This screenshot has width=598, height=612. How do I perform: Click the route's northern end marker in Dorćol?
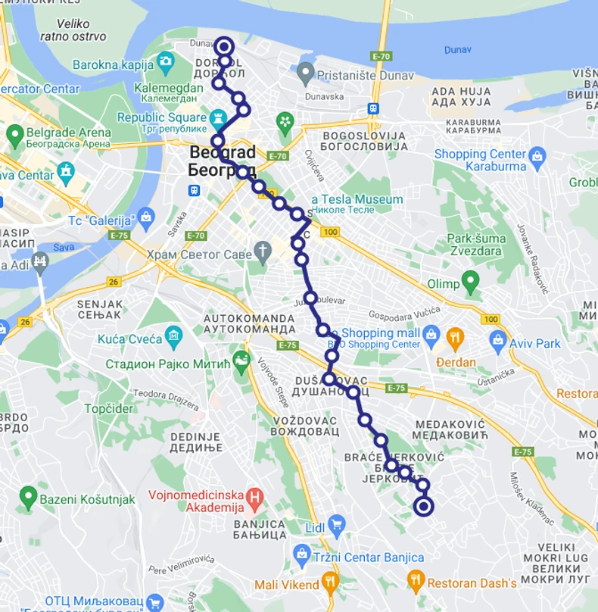pyautogui.click(x=224, y=46)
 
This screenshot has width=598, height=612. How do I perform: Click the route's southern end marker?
pyautogui.click(x=424, y=507)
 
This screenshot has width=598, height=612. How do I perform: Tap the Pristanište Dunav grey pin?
pyautogui.click(x=305, y=74)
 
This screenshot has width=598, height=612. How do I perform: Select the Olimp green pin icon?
pyautogui.click(x=471, y=283)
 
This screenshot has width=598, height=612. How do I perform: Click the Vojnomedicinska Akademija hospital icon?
pyautogui.click(x=255, y=498)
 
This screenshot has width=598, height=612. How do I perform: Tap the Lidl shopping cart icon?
pyautogui.click(x=336, y=525)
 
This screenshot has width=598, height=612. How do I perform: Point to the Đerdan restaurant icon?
pyautogui.click(x=455, y=337)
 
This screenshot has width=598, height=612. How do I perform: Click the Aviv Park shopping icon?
pyautogui.click(x=497, y=338)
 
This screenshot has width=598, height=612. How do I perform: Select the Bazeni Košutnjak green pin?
pyautogui.click(x=29, y=498)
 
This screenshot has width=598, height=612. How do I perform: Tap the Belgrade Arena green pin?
pyautogui.click(x=14, y=137)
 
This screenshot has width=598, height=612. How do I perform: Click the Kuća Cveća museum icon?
pyautogui.click(x=175, y=335)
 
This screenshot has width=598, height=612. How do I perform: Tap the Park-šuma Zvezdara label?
pyautogui.click(x=475, y=244)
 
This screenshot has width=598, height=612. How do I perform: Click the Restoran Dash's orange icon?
pyautogui.click(x=416, y=582)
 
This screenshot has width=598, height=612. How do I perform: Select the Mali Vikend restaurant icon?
pyautogui.click(x=329, y=582)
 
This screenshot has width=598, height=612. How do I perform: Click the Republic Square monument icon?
pyautogui.click(x=219, y=117)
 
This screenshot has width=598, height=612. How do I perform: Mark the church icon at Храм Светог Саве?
pyautogui.click(x=263, y=251)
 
